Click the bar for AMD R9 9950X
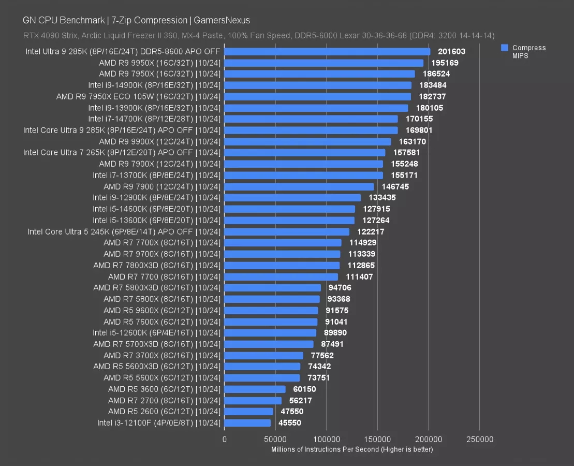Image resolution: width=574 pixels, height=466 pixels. coord(323,63)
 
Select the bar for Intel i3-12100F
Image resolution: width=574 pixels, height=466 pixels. coord(247,423)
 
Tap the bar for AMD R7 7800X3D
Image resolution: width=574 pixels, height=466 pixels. coord(282,266)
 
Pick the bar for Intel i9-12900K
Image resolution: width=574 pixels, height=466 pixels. coord(292,198)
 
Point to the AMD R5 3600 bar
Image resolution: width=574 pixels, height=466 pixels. coord(255,389)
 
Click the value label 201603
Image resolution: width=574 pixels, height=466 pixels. coord(452,52)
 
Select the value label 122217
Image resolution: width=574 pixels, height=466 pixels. coord(371,231)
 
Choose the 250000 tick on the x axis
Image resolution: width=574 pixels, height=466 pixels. coord(479,440)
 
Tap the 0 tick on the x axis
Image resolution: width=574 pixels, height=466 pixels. coord(225,440)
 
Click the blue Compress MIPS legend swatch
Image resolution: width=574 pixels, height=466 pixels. coord(504,48)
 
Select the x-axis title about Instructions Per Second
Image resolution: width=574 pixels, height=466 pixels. coord(352,449)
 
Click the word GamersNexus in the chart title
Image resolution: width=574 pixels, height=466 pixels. coord(222,21)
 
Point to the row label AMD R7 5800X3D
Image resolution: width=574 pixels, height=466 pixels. coord(157,288)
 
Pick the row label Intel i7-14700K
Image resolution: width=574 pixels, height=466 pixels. coord(154,119)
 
